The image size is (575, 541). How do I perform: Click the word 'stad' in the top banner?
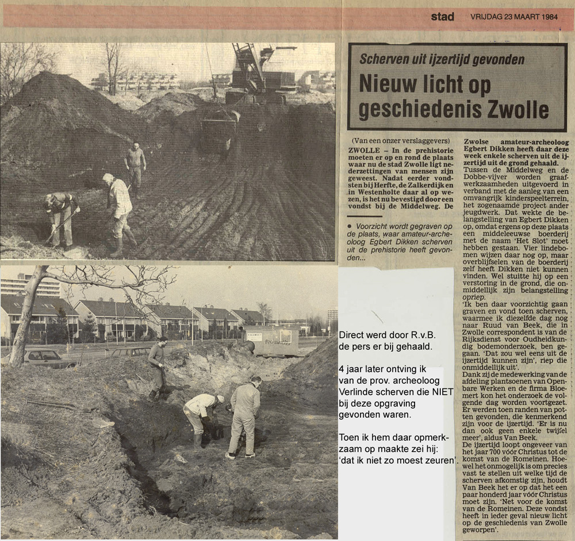click(442, 17)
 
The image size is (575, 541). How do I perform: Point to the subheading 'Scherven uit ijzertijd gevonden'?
click(442, 59)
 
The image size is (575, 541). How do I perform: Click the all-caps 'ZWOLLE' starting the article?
click(363, 150)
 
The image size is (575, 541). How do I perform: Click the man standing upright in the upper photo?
click(136, 167)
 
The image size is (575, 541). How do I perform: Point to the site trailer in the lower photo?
click(271, 341)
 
